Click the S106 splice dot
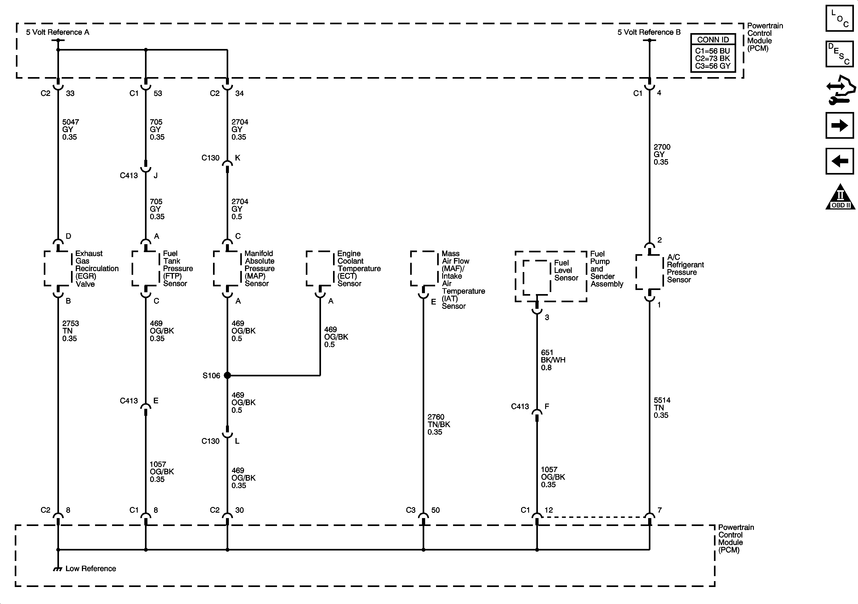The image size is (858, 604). tap(227, 375)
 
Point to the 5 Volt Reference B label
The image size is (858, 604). tap(649, 32)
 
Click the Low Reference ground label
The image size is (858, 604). tap(91, 568)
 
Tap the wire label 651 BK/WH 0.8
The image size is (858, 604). tap(552, 360)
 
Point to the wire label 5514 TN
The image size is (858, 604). tap(662, 407)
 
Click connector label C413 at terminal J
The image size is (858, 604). tap(129, 175)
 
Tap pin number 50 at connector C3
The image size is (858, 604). tap(435, 510)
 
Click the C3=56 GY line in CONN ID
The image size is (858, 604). tap(712, 66)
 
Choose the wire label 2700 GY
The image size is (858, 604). tap(662, 154)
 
